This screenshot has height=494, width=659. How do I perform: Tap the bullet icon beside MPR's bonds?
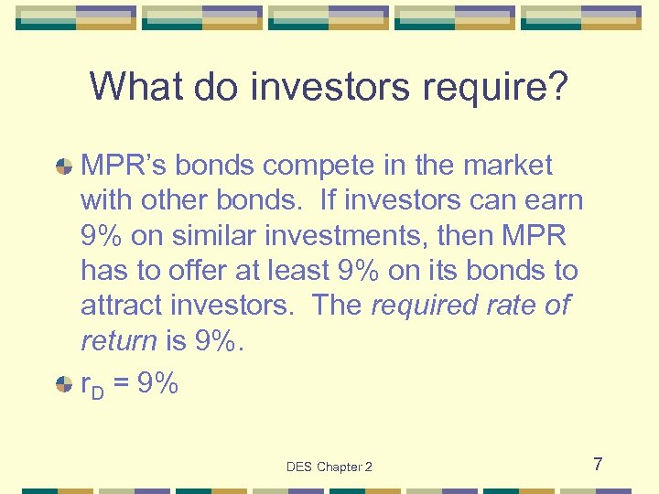64,166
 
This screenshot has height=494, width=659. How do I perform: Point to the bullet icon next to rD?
64,384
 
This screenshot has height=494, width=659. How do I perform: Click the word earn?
550,200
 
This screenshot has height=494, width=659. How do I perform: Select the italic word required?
426,305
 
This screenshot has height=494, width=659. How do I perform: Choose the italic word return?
119,340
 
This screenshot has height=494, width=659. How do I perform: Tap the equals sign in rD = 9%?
122,384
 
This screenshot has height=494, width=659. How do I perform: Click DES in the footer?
299,467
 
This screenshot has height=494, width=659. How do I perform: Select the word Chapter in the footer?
339,467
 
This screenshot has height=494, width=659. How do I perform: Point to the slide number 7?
597,465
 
